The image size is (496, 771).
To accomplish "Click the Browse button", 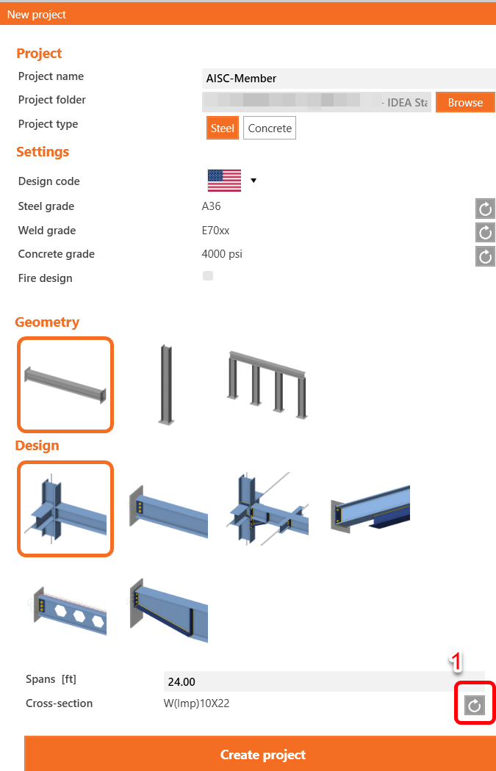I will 465,103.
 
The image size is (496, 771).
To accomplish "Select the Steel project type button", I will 222,128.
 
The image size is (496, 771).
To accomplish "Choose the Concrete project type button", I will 270,128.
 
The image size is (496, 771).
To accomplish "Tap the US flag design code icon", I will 224,181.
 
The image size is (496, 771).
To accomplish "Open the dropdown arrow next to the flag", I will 254,181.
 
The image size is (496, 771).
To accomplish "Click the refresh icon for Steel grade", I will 485,209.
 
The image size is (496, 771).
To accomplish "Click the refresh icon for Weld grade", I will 485,233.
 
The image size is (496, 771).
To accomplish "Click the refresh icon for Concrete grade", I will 485,256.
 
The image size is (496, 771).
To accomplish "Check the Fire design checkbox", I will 208,276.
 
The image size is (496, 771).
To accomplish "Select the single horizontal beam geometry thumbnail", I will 65,384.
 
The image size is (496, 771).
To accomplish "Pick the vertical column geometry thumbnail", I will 166,384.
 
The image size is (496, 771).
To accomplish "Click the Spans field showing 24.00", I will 323,681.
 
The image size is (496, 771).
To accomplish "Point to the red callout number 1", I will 456,662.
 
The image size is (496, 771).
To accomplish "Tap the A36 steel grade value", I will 211,206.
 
